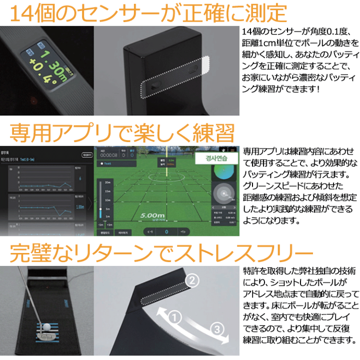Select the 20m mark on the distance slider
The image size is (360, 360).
[x=108, y=182]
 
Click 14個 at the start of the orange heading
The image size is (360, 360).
[x=30, y=14]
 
